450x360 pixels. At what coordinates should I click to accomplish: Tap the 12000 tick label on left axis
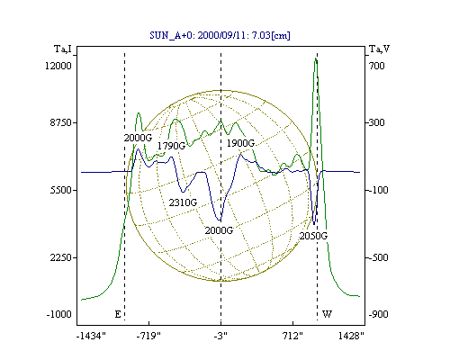tap(58, 66)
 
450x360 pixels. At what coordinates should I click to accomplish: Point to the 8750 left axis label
tap(61, 123)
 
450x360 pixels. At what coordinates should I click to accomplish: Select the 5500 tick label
tap(61, 190)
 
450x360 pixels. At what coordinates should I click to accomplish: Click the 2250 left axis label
tap(61, 257)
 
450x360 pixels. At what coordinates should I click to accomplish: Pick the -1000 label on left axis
tap(59, 314)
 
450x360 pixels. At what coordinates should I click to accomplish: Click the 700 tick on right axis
tap(377, 66)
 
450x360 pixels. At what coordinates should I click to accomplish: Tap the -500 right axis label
tap(379, 257)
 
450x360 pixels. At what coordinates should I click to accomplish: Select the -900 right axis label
tap(379, 314)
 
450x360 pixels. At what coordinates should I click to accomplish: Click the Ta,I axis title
tap(63, 49)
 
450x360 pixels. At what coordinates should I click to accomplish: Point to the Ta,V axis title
tap(379, 49)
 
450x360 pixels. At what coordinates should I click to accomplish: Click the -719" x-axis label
tap(148, 336)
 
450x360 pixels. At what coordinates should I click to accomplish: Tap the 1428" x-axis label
tap(351, 336)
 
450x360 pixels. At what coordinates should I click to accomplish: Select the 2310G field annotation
tap(183, 202)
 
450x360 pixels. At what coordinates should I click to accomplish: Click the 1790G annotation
tap(172, 146)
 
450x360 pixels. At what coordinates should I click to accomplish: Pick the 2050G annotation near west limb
tap(313, 236)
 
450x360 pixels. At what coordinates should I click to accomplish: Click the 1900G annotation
tap(240, 143)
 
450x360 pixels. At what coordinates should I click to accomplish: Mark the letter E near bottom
tap(118, 314)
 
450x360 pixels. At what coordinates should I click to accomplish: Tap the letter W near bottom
tap(327, 314)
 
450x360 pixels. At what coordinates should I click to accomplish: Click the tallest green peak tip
tap(316, 58)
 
